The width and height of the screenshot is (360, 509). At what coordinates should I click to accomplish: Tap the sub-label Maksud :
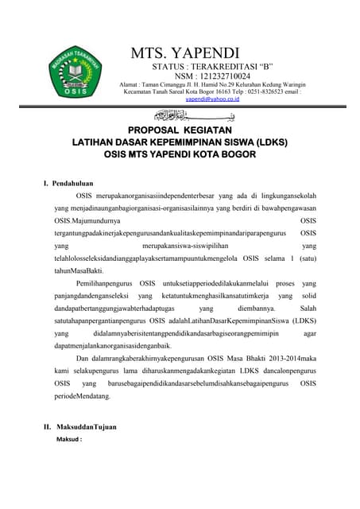pos(73,439)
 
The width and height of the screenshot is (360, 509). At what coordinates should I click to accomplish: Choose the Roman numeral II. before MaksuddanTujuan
pos(48,427)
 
